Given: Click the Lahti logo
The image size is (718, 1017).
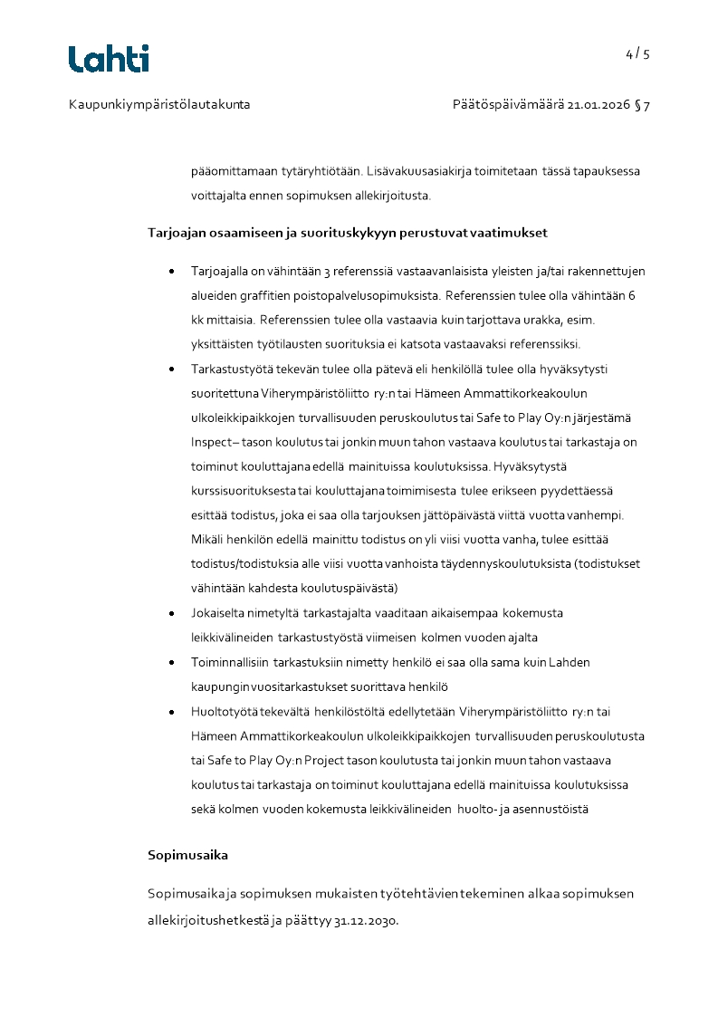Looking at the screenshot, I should click(x=109, y=59).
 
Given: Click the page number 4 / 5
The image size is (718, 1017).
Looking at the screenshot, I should click(x=637, y=53).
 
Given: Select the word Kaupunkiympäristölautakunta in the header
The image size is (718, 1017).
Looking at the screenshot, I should click(x=159, y=105).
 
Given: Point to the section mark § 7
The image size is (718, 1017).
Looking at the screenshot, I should click(x=642, y=105).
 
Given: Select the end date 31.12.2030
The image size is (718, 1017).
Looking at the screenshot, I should click(x=366, y=920).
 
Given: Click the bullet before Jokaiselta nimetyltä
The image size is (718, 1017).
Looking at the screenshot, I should click(x=171, y=614).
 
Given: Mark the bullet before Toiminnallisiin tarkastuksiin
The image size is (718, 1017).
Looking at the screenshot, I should click(x=171, y=663).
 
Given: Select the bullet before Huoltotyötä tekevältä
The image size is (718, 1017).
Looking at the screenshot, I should click(x=171, y=712).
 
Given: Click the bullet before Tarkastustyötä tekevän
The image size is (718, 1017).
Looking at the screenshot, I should click(x=171, y=369).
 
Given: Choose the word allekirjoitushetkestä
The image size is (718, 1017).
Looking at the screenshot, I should click(x=206, y=920).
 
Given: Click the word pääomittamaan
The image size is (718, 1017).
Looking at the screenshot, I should click(x=232, y=170).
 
